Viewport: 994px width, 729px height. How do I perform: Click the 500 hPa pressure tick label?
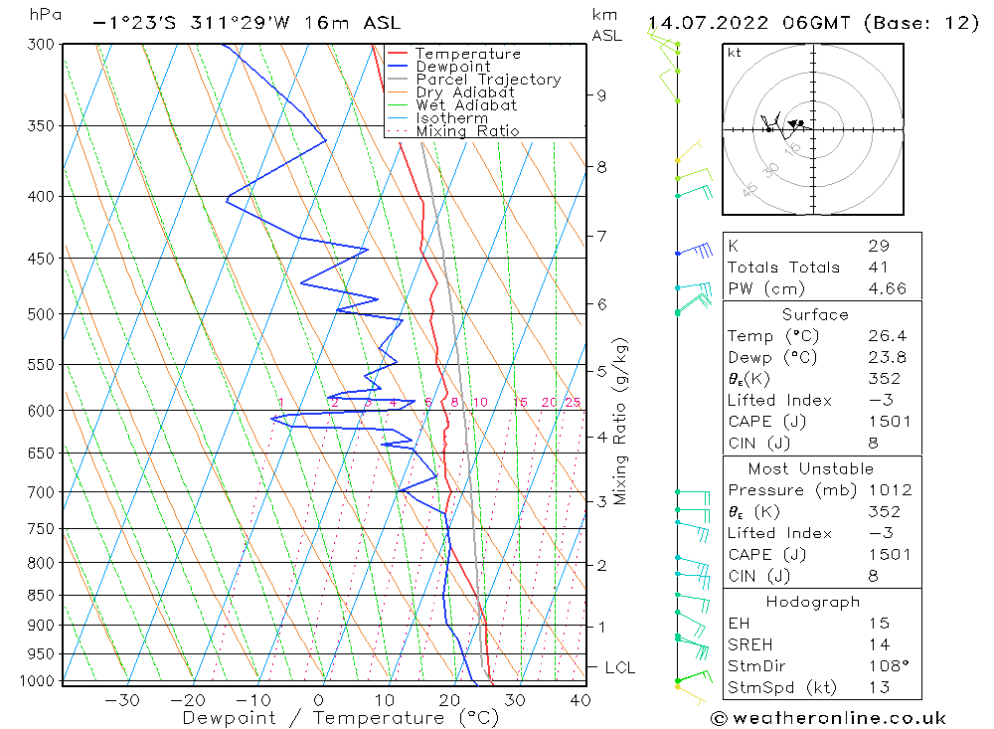point(41,314)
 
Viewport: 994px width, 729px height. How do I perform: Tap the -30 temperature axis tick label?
point(121,700)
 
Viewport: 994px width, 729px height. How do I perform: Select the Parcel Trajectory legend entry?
point(488,80)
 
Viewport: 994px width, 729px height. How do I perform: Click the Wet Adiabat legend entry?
point(466,105)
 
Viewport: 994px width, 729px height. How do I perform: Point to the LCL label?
point(620,667)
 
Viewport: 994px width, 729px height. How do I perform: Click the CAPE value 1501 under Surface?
point(890,422)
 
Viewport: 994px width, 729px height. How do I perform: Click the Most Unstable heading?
point(811,468)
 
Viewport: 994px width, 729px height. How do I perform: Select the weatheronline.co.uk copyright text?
point(828,718)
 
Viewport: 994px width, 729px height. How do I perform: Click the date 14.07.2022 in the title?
point(708,24)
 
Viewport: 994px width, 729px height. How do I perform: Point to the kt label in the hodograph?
point(735,53)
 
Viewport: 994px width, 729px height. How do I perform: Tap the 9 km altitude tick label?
point(601,95)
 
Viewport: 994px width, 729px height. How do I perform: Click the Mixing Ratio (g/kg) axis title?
point(620,422)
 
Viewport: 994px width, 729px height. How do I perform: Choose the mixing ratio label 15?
point(520,402)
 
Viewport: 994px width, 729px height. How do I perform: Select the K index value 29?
point(879,246)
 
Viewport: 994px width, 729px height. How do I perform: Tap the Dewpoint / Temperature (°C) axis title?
point(340,718)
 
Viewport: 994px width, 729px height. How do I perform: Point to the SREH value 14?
point(880,644)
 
